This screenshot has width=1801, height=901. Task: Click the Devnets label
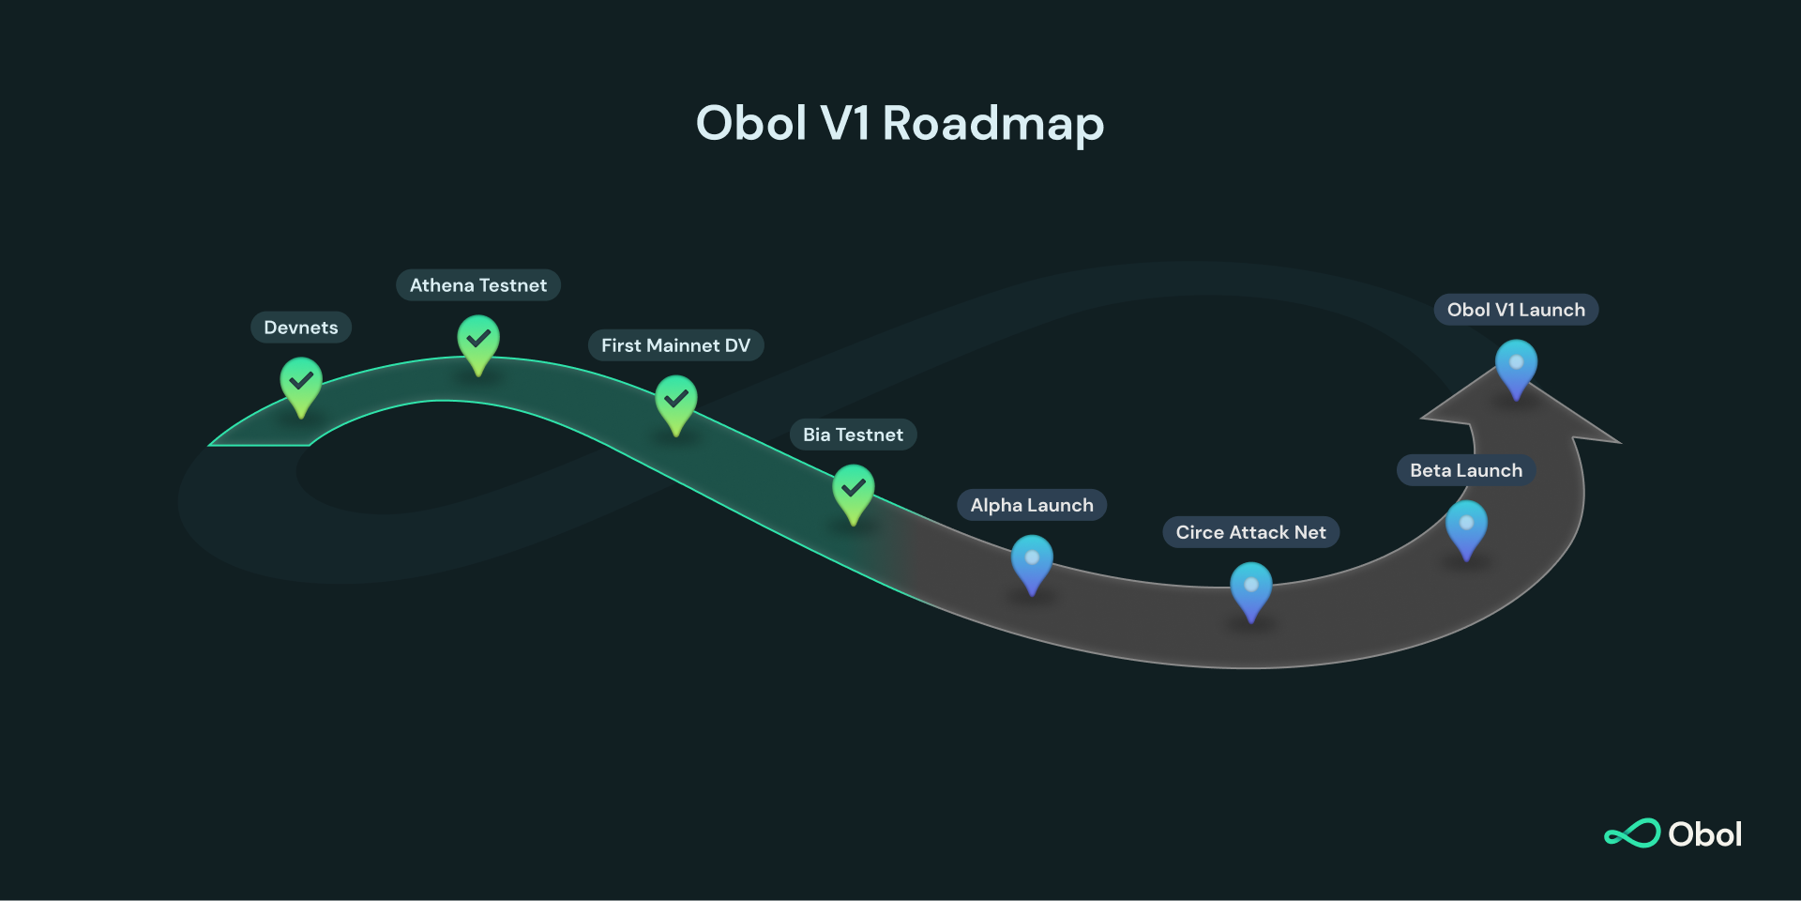coord(300,328)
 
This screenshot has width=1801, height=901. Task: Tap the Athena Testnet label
coord(478,285)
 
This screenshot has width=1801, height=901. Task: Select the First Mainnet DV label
coord(675,345)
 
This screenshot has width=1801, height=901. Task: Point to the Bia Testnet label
coord(853,435)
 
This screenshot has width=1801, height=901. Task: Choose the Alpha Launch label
coord(1032,505)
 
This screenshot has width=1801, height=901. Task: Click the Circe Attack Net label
coord(1250,532)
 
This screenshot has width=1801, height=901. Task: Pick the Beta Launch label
coord(1466,470)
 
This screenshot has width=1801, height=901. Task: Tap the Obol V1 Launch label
coord(1516,310)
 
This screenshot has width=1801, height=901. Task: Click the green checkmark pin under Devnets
coord(301,384)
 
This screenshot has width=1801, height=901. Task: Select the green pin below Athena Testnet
coord(478,342)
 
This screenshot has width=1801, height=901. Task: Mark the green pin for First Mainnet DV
coord(675,402)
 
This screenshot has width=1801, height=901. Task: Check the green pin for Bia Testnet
coord(854,491)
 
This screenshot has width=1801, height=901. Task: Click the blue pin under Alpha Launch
coord(1032,561)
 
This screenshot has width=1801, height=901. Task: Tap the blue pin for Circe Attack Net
coord(1251,588)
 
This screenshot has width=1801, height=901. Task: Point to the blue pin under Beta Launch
coord(1467,527)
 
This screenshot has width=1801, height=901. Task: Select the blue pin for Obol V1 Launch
coord(1517,366)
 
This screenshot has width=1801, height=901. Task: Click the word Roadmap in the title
coord(993,125)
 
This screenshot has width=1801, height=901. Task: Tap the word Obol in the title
coord(751,123)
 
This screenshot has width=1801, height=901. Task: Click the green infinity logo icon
coord(1632,833)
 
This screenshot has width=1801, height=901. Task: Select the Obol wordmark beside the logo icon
coord(1704,834)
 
